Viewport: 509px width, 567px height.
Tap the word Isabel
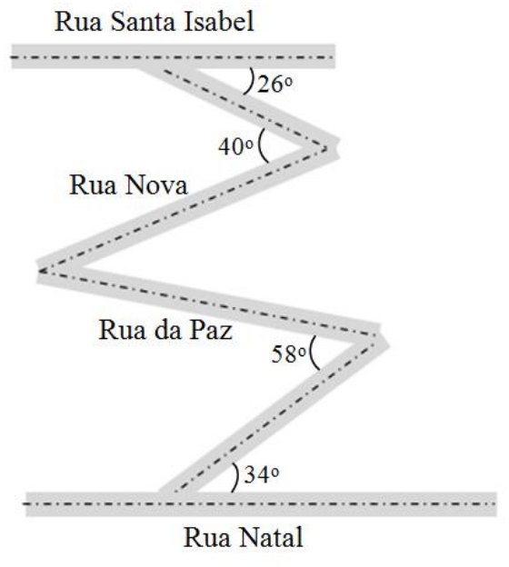219,21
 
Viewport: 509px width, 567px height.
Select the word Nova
156,185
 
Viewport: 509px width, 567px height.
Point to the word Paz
211,330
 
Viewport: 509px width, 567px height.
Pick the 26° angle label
274,85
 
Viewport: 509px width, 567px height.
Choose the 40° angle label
235,147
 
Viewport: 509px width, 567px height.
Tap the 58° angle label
289,354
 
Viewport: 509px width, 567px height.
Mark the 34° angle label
262,474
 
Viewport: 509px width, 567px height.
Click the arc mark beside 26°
250,81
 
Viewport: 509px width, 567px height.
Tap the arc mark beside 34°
236,478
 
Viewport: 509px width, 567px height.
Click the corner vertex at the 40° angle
326,148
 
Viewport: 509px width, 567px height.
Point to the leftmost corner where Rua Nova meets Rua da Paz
40,271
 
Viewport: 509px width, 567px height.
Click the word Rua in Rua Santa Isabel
78,22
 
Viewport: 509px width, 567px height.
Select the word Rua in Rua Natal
207,538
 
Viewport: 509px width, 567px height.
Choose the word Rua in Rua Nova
93,185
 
